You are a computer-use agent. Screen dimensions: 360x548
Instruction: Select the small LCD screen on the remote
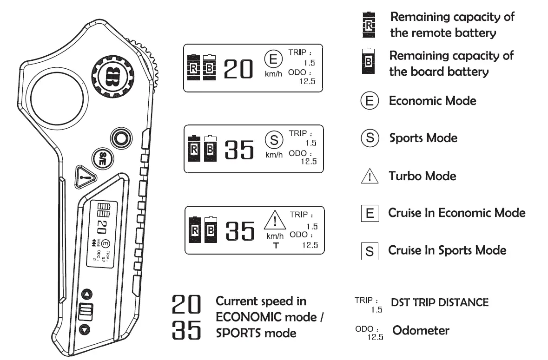point(100,234)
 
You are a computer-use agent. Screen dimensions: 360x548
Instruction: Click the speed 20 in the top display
point(238,70)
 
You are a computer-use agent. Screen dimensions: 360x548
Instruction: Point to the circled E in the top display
point(273,59)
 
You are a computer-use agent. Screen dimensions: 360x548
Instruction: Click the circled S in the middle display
point(274,139)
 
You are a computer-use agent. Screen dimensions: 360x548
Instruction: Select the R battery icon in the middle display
point(194,149)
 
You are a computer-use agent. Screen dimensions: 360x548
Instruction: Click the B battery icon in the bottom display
point(211,229)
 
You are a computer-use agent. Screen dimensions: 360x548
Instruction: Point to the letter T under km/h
point(276,245)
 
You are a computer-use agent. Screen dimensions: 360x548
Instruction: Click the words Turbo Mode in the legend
point(423,176)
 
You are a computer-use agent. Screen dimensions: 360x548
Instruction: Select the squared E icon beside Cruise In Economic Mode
point(370,213)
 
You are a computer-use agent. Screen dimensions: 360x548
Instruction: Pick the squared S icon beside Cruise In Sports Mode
point(370,251)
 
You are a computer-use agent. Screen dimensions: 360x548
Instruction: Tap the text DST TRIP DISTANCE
point(440,302)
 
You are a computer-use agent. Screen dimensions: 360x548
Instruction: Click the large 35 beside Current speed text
point(187,331)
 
